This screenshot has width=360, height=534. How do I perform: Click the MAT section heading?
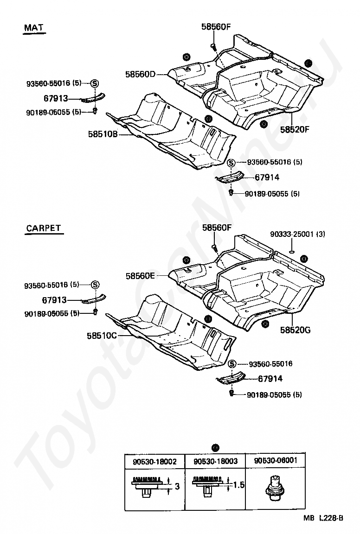click(x=34, y=28)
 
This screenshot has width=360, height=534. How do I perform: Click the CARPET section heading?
click(x=44, y=228)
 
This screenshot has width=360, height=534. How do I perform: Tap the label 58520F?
click(x=294, y=129)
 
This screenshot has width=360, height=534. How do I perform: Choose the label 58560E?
click(x=140, y=276)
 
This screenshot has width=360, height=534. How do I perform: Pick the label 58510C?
click(x=103, y=335)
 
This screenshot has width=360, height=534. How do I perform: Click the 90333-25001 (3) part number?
click(x=297, y=235)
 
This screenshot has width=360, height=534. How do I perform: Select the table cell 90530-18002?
click(x=154, y=461)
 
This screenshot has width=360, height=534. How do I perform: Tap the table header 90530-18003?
click(x=215, y=461)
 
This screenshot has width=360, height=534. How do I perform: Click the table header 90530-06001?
click(x=276, y=461)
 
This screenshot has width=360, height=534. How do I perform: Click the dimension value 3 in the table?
click(x=177, y=486)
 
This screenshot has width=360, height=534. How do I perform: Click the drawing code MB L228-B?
click(x=323, y=518)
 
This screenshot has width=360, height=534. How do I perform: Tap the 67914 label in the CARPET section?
click(x=270, y=379)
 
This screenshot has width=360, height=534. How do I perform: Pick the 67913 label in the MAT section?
click(x=56, y=98)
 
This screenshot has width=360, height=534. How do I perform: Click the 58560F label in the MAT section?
click(x=216, y=27)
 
